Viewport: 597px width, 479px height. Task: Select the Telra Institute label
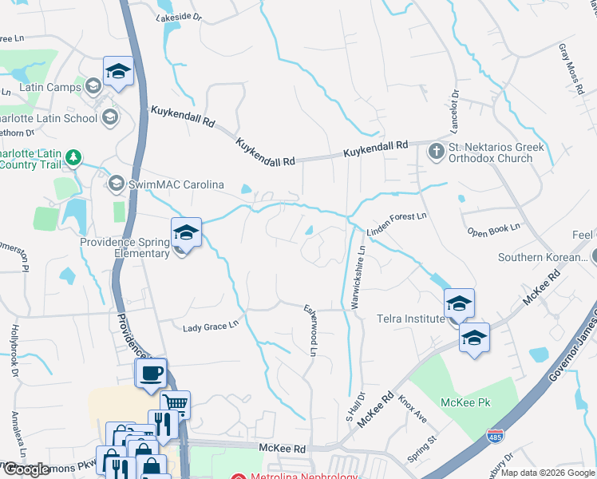click(410, 319)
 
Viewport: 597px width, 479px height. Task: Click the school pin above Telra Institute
click(459, 303)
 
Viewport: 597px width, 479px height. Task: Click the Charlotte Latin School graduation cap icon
click(109, 118)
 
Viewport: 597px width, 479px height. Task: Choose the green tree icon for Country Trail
click(73, 156)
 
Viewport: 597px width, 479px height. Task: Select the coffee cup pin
click(151, 373)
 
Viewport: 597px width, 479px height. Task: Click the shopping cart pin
click(175, 404)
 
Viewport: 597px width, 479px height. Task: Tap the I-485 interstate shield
click(495, 436)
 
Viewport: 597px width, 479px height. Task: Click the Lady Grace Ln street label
click(211, 327)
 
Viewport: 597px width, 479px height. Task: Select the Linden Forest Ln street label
click(397, 224)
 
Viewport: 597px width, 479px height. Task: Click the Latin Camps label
click(50, 87)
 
